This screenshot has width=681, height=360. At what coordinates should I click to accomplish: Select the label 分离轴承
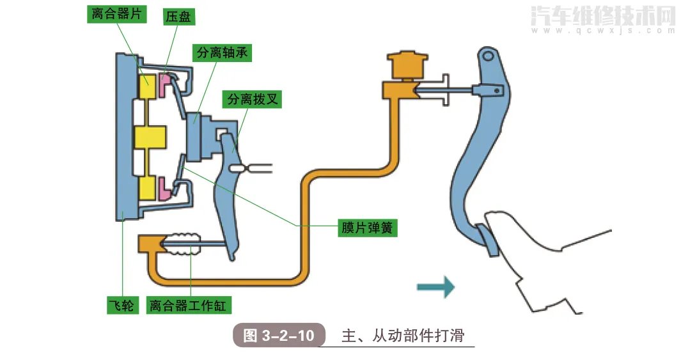pos(221,53)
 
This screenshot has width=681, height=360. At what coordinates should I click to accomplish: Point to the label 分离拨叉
pos(251,99)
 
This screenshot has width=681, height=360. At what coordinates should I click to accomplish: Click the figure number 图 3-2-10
pos(279,335)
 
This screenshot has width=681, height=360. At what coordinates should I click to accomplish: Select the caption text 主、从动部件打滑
pos(402,336)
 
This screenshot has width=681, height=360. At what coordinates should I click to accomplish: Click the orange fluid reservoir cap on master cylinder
pos(406,64)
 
